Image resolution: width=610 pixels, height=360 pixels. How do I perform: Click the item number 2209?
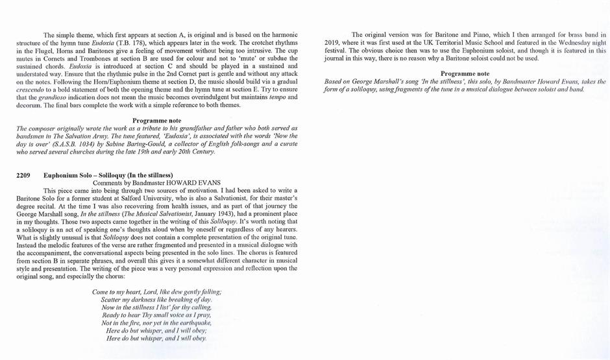23,175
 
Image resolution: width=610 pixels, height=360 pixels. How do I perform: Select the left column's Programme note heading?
157,121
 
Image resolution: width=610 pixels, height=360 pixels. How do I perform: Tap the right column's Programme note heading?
465,74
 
